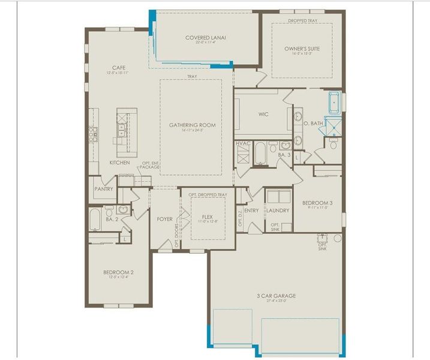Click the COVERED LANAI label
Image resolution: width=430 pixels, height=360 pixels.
[205, 37]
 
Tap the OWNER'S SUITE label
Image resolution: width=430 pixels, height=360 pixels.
[303, 49]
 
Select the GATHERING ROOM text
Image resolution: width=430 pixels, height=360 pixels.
[192, 125]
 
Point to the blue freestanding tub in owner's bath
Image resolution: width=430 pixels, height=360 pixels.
[334, 103]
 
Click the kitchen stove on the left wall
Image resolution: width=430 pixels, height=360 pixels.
[94, 133]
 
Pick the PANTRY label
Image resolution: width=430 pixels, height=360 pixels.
[104, 188]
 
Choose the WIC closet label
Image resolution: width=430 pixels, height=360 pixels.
[263, 113]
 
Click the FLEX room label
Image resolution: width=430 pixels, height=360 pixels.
[207, 217]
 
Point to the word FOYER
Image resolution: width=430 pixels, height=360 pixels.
[164, 219]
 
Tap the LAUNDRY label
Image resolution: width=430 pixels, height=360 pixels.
[278, 211]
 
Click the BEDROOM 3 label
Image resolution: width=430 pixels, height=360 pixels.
[317, 203]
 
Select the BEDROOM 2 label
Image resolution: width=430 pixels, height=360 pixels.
[118, 272]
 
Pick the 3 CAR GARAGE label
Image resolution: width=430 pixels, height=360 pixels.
[276, 296]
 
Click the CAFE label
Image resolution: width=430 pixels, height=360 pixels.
[118, 67]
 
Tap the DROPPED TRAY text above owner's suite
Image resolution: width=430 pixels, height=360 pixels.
[303, 21]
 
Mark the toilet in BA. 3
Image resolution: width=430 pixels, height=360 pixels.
[273, 146]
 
